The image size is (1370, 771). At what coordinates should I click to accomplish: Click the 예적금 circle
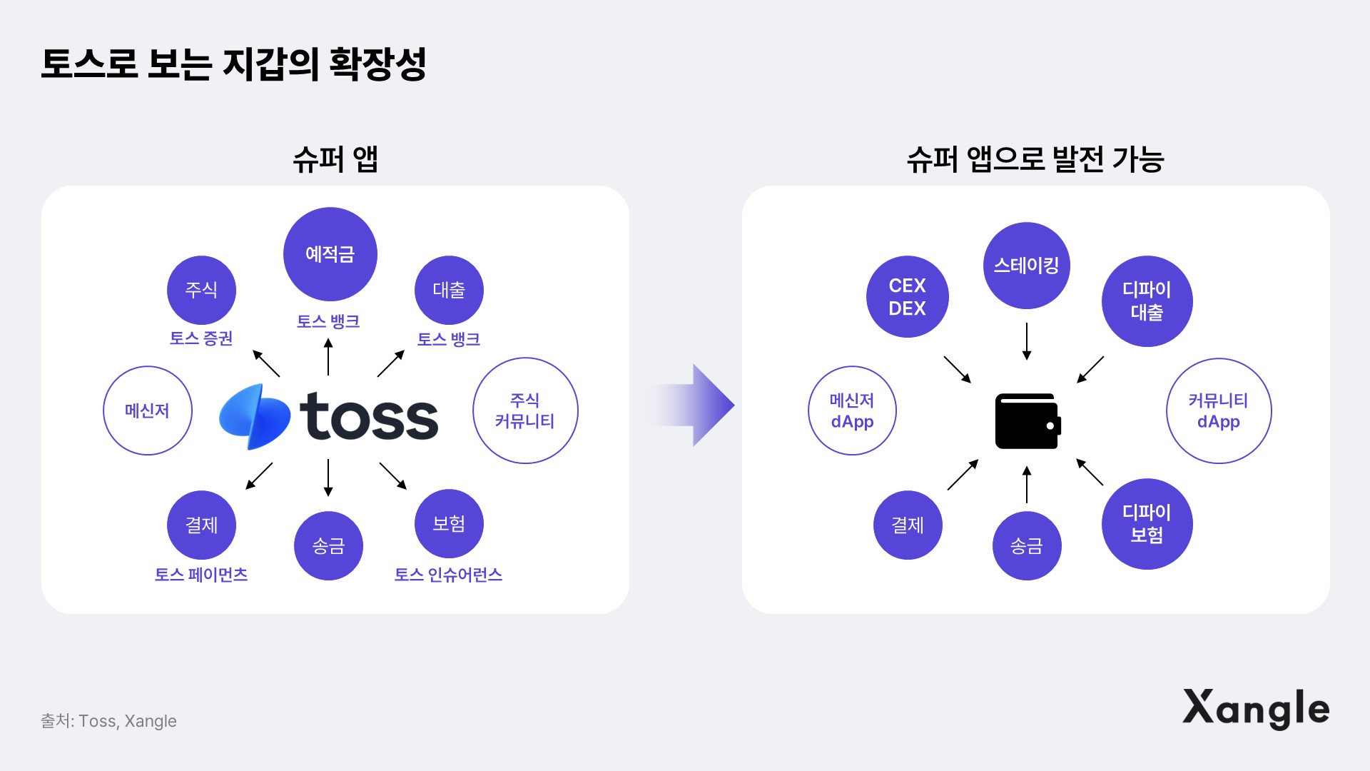click(330, 254)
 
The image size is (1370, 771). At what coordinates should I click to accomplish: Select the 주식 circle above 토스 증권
click(201, 290)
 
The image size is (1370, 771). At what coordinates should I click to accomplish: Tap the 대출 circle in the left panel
click(449, 290)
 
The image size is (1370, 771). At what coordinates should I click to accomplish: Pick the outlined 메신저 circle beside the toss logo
click(148, 410)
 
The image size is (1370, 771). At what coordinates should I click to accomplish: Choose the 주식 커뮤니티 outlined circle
click(525, 410)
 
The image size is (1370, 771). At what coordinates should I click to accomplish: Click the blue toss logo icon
click(255, 418)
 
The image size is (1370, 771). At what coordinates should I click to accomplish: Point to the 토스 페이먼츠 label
click(201, 575)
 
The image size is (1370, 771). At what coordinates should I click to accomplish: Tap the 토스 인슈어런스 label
click(448, 575)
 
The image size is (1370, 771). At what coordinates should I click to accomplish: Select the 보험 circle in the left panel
click(449, 524)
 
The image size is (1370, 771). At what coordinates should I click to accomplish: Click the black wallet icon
click(1027, 421)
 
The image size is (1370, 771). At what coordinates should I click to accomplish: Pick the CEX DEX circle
click(907, 297)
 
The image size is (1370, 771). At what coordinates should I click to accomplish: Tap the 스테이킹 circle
click(1026, 266)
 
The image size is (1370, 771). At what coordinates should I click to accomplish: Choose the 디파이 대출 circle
click(1147, 301)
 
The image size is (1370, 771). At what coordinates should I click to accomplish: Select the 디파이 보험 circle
click(1147, 524)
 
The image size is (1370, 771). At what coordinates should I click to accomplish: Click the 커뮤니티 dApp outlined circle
click(1219, 410)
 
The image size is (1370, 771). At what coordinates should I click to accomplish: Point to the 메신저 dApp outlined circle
click(852, 410)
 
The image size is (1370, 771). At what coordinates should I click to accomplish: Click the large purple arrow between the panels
click(696, 405)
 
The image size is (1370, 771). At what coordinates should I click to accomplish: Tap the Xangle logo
click(1256, 708)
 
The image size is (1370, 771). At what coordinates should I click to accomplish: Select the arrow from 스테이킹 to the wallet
click(1027, 341)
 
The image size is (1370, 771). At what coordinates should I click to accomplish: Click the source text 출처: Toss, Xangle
click(108, 721)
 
